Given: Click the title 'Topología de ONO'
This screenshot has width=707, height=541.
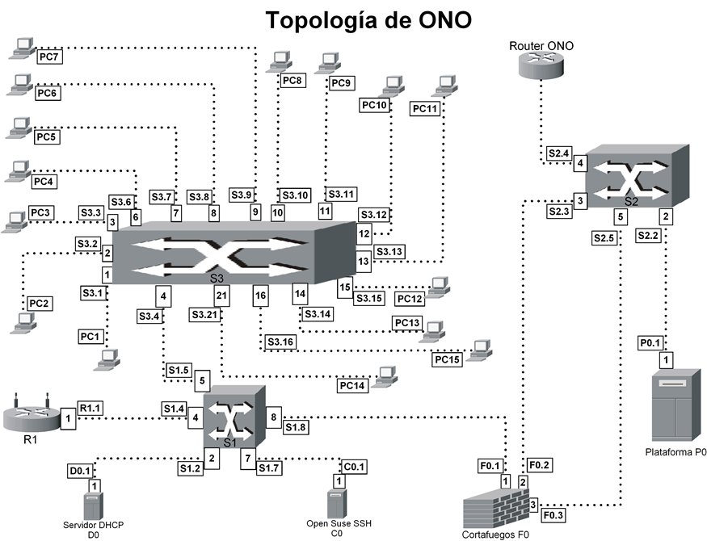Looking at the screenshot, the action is (368, 20).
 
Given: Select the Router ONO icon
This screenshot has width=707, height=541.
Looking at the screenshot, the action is (541, 65).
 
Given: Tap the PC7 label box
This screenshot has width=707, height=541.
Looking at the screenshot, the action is (49, 57).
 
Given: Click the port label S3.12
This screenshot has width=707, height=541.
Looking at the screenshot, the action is (374, 215).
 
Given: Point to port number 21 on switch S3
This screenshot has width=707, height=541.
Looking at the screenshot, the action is (221, 296).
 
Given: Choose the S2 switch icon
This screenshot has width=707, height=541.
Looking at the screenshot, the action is (638, 176).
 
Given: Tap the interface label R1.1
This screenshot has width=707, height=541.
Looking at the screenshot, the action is (90, 408).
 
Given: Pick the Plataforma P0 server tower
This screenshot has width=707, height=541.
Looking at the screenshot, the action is (676, 405).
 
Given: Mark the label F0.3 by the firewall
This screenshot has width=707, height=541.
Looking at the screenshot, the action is (553, 515).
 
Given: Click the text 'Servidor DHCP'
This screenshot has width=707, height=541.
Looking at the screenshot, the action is (94, 525).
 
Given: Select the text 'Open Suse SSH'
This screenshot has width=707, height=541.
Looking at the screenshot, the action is (339, 523).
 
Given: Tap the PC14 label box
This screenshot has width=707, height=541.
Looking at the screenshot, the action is (352, 386).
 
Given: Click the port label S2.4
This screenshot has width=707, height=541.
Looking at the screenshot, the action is (558, 153).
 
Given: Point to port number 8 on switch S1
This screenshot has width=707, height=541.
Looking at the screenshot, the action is (274, 417).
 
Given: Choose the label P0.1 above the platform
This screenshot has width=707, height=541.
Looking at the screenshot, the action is (650, 343).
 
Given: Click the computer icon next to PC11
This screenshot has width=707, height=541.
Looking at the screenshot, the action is (444, 86).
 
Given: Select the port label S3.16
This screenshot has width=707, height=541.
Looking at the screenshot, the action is (280, 342).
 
